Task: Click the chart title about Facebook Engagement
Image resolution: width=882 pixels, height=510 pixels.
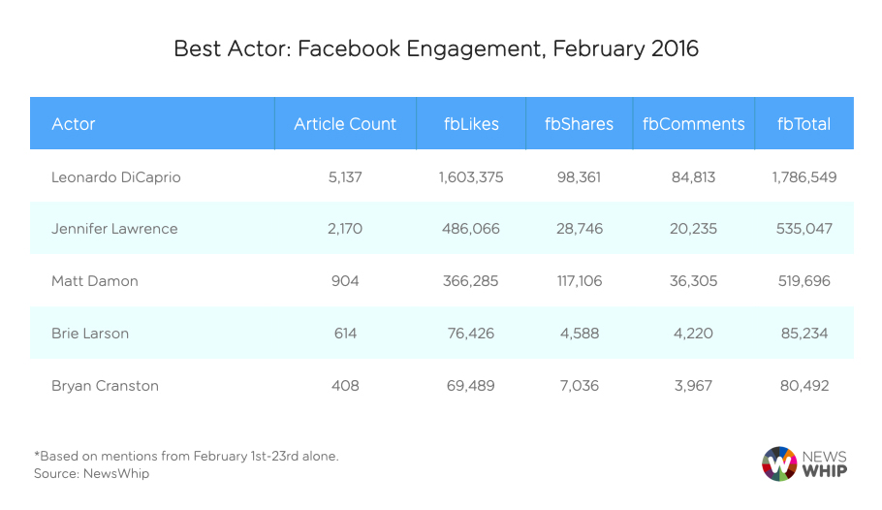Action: (x=436, y=48)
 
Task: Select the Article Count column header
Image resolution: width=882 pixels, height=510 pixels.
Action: (x=345, y=124)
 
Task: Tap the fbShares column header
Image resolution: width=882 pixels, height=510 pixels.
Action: (x=579, y=124)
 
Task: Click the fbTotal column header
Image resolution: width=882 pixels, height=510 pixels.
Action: (x=803, y=124)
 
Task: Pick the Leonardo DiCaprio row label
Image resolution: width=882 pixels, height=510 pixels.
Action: (x=116, y=177)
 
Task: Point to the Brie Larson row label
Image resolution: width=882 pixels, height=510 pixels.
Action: (x=90, y=334)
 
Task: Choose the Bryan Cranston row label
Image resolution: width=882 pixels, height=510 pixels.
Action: (x=105, y=386)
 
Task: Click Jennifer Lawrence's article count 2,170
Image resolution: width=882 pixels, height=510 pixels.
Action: (x=345, y=230)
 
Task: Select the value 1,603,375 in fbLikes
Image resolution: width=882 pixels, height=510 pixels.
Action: (x=470, y=177)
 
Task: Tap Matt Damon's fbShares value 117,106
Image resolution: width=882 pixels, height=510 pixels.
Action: (x=579, y=281)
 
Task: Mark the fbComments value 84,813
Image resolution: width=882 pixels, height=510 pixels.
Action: (x=693, y=177)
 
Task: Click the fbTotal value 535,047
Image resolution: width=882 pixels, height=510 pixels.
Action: (x=803, y=230)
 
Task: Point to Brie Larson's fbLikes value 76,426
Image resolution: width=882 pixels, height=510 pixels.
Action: (x=470, y=334)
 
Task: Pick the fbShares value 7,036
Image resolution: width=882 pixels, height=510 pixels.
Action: (x=579, y=386)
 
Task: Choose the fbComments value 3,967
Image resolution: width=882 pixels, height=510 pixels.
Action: (x=693, y=386)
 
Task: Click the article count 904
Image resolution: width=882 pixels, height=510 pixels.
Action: (x=345, y=281)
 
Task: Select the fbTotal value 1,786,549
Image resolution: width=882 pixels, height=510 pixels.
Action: (x=803, y=177)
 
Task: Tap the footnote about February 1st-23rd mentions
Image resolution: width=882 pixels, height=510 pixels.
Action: (x=186, y=456)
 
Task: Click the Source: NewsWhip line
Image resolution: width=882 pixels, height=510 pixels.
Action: (x=92, y=474)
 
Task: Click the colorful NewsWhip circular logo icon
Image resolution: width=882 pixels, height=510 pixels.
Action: (x=779, y=463)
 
